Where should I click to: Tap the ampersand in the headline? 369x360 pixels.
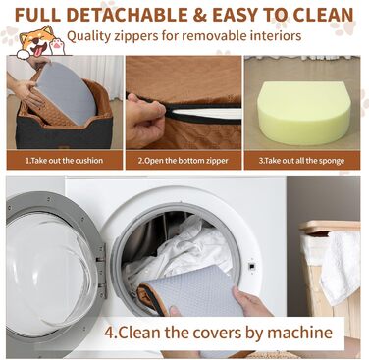click(199, 15)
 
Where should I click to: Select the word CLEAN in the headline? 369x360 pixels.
click(323, 15)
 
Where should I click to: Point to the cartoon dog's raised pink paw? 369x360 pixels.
click(57, 46)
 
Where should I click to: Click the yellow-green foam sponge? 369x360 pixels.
click(304, 112)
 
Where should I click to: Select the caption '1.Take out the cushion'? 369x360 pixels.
click(64, 161)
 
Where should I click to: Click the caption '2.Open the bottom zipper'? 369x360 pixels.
click(183, 161)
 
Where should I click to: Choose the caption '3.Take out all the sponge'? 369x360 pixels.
click(301, 161)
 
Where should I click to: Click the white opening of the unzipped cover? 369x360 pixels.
click(206, 113)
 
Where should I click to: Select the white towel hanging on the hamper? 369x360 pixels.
click(341, 267)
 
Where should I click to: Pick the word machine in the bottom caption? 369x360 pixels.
click(299, 333)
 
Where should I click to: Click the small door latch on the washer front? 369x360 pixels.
click(251, 266)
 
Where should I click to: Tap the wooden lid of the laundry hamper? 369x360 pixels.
click(330, 227)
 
